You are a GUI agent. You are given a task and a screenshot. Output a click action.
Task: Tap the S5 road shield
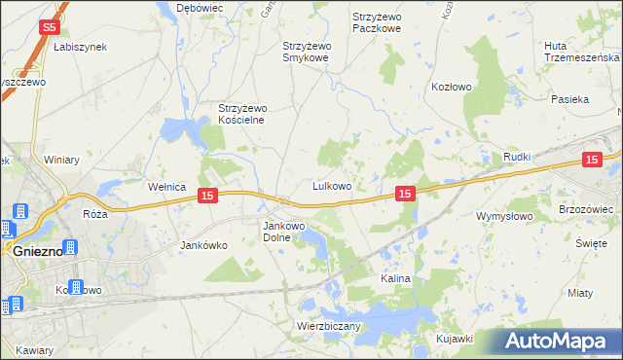click(51, 29)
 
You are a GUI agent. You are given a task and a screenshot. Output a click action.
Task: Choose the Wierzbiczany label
click(330, 326)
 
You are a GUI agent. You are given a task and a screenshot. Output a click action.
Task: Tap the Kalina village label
click(395, 278)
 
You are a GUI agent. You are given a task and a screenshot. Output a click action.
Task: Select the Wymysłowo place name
click(503, 215)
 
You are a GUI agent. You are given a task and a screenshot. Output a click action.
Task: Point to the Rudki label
click(516, 156)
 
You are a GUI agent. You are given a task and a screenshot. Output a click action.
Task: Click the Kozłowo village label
click(451, 87)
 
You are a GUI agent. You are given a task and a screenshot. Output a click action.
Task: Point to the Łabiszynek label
click(80, 46)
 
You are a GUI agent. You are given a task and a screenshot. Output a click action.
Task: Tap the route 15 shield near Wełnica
click(206, 197)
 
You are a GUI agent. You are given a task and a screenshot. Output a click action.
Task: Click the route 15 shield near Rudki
click(591, 160)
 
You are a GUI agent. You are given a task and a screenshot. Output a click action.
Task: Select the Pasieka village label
click(570, 99)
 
